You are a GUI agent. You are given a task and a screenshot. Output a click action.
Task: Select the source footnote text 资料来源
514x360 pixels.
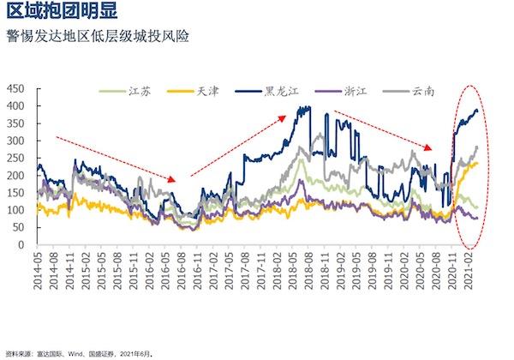(x=20, y=352)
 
